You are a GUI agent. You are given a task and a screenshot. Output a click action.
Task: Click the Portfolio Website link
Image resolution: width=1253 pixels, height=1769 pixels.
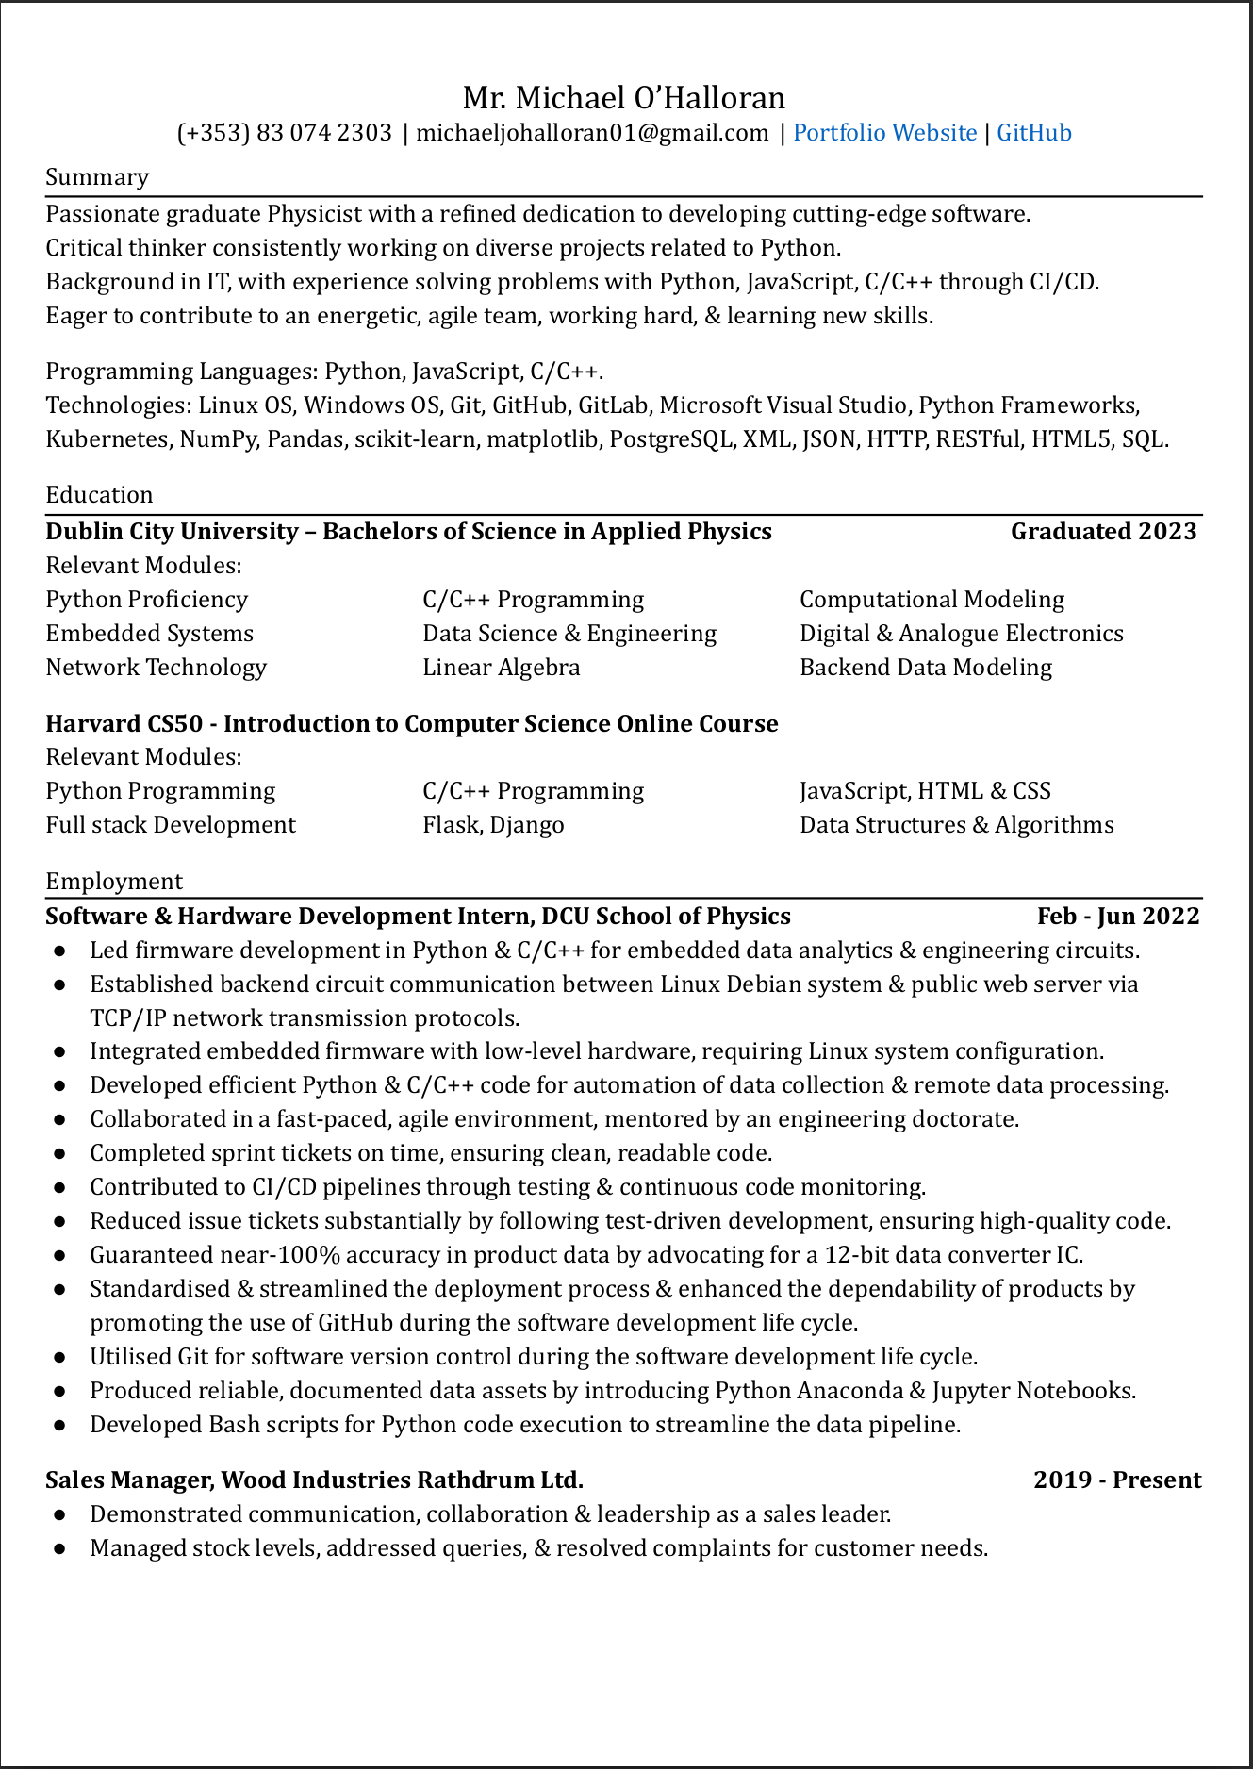[x=884, y=133]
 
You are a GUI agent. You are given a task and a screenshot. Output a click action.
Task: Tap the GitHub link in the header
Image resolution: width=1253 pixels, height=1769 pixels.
[x=1034, y=133]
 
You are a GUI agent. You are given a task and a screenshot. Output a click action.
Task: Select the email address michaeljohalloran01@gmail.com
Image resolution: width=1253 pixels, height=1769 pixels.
[x=592, y=133]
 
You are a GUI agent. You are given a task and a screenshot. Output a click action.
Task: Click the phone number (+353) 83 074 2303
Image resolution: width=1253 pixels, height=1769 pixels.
[x=285, y=133]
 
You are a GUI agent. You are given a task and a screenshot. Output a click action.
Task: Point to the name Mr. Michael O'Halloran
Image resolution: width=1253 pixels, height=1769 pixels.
[x=623, y=98]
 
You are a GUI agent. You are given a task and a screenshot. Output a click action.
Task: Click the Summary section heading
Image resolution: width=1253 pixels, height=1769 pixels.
[x=97, y=177]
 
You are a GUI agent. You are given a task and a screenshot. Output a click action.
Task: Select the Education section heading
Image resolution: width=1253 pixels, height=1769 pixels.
[x=99, y=495]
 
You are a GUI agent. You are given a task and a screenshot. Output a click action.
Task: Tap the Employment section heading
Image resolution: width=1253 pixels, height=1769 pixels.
[x=114, y=882]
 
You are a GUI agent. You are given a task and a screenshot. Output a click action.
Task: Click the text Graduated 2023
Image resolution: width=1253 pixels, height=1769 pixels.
[x=1103, y=532]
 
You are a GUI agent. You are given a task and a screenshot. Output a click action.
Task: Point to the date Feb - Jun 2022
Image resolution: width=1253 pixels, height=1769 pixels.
[x=1118, y=917]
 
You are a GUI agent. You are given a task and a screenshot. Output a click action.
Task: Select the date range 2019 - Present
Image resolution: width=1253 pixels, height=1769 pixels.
[x=1117, y=1480]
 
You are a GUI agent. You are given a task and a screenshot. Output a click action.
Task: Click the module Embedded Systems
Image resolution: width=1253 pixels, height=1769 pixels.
[x=150, y=634]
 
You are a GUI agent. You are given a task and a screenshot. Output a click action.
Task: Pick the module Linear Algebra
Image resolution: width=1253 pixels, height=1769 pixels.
[x=502, y=668]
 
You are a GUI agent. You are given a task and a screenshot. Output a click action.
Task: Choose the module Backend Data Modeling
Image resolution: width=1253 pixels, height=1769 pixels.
[x=926, y=668]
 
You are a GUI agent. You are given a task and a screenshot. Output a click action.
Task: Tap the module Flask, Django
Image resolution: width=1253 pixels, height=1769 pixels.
[x=493, y=825]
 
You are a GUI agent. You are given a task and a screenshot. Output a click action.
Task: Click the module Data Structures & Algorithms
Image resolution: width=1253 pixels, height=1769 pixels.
[x=957, y=825]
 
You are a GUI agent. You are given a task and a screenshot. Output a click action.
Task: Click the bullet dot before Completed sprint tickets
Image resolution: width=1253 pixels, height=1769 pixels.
[x=59, y=1154]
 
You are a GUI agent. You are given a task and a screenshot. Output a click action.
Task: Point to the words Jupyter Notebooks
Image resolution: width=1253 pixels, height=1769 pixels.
[x=1034, y=1391]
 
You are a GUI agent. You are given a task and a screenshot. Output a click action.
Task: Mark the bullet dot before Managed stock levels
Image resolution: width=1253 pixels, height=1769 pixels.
[x=59, y=1548]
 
